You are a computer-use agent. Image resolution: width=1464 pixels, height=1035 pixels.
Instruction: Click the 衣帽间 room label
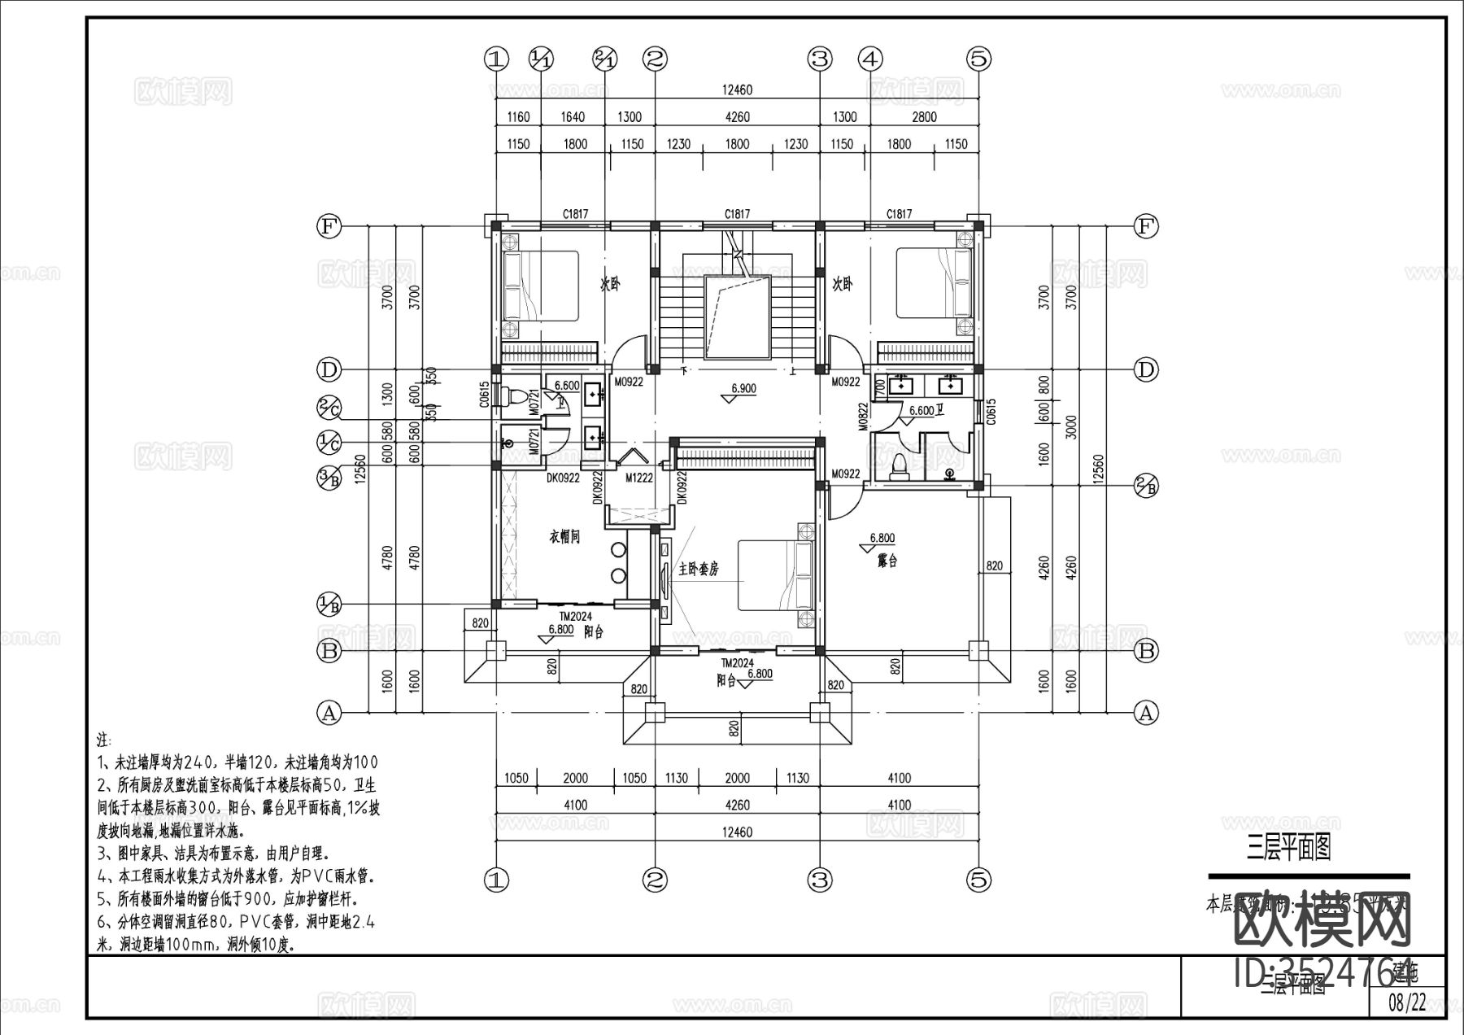[564, 537]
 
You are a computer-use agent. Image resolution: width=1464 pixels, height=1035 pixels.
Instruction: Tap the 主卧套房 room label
[699, 569]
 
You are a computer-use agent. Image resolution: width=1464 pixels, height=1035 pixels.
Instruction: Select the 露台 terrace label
[887, 561]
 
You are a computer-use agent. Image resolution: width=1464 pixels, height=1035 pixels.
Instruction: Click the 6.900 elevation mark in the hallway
[743, 389]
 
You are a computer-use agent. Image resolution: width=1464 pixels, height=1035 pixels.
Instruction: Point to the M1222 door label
[639, 478]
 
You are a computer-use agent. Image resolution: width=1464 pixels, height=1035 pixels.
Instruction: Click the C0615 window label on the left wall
[485, 395]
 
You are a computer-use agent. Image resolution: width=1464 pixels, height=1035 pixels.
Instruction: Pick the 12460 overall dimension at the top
[737, 90]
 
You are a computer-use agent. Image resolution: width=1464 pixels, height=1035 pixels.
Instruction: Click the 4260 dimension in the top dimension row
[737, 117]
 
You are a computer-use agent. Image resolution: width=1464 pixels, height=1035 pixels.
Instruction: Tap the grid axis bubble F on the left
[328, 226]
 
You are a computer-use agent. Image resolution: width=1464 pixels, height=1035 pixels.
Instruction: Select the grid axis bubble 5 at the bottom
[979, 880]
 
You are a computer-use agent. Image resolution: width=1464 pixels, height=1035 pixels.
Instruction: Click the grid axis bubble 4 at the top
[870, 59]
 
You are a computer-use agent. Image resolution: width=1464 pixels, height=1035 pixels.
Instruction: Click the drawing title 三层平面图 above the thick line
[1288, 849]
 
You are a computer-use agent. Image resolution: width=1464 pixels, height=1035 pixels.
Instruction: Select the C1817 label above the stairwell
[737, 214]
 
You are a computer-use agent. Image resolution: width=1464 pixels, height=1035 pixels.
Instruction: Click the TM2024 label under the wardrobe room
[575, 616]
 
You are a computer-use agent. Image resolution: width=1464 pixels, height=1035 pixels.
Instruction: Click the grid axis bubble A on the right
[1145, 714]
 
